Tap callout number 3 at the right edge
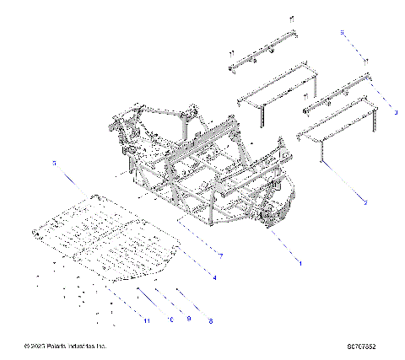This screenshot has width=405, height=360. click(x=395, y=109)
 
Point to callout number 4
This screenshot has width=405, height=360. click(x=214, y=277)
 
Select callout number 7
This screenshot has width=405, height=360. click(x=220, y=255)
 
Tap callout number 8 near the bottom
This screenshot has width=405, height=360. click(x=209, y=321)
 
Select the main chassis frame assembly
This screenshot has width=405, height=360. click(x=211, y=169)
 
